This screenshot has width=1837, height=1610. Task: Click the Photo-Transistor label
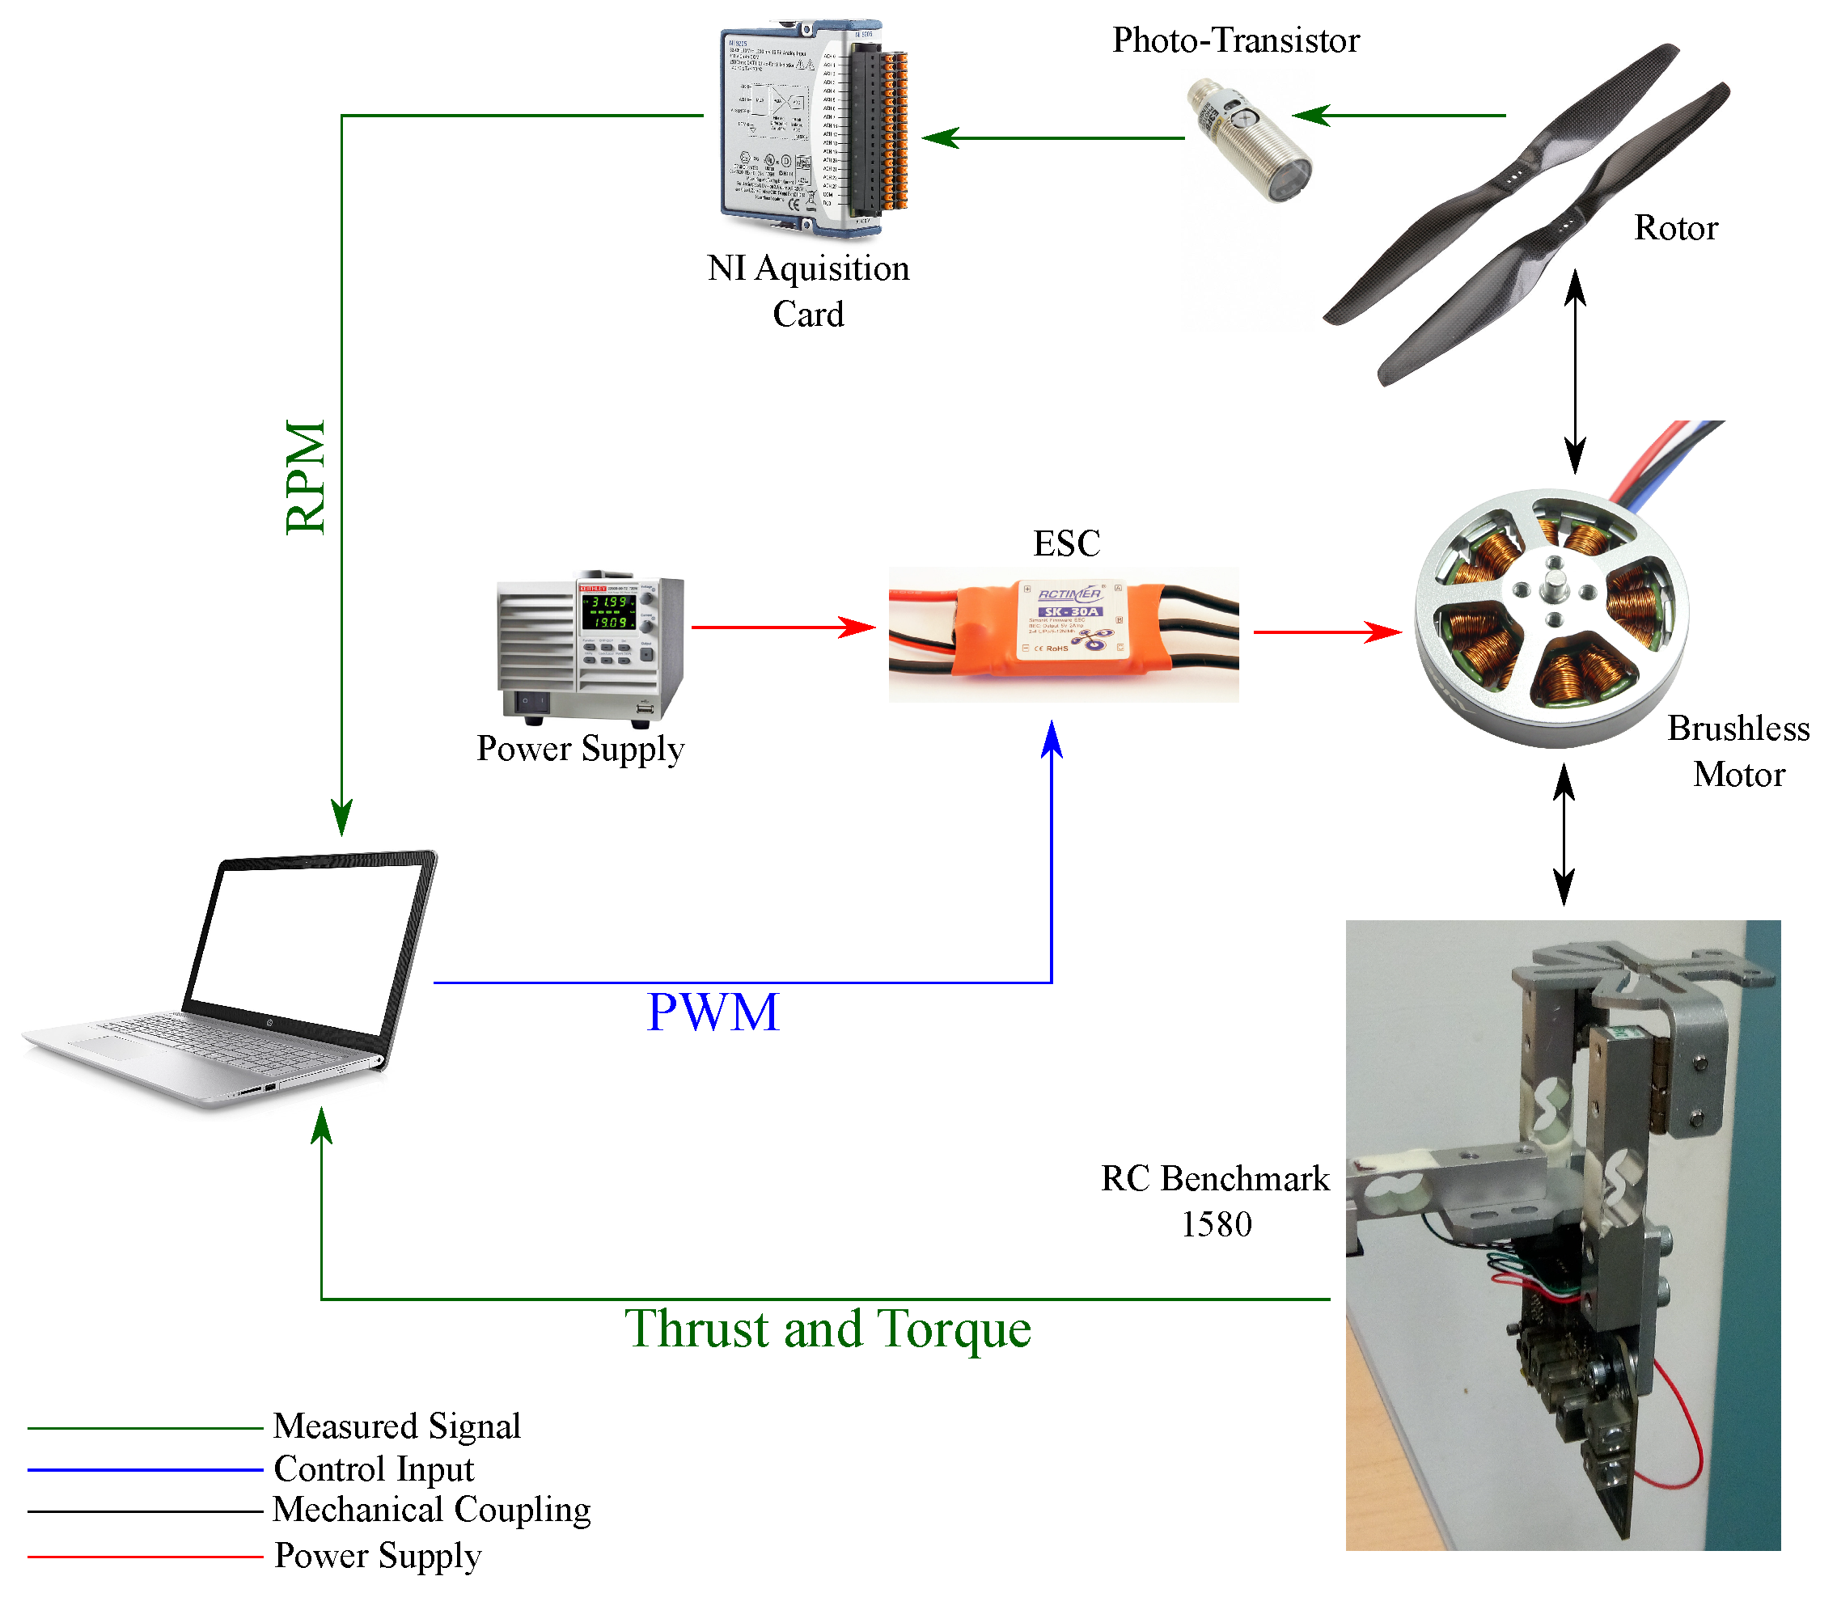point(1235,41)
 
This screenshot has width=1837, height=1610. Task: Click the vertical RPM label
point(307,477)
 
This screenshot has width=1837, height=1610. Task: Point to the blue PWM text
point(713,1012)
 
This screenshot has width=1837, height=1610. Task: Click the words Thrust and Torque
point(827,1329)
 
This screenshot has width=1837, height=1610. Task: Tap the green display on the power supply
point(608,611)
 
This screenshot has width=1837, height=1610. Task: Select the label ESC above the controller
point(1066,543)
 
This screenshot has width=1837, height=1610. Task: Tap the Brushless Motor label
point(1738,751)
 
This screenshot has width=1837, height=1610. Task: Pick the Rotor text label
point(1675,228)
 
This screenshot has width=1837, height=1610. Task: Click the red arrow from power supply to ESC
point(782,628)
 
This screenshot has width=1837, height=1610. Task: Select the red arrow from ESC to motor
point(1327,632)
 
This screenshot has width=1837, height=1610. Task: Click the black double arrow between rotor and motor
point(1575,372)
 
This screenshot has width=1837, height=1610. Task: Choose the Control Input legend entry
point(373,1469)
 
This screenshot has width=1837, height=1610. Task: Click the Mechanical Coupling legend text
point(431,1511)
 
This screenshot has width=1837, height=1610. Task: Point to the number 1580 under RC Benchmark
point(1215,1224)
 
